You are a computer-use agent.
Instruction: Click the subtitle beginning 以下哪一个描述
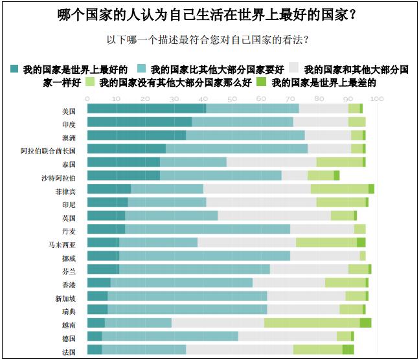(x=207, y=39)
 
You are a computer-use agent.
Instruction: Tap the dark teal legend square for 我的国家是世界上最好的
(x=15, y=68)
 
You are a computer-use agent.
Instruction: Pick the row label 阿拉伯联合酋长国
(x=49, y=149)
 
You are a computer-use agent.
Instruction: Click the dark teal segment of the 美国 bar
(x=146, y=108)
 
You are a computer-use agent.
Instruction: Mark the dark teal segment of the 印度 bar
(x=139, y=122)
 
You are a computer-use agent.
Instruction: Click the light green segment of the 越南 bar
(x=311, y=323)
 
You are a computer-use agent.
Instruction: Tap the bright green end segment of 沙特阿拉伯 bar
(x=337, y=175)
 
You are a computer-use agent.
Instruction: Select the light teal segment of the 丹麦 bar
(x=207, y=229)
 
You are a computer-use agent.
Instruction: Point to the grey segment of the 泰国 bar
(x=271, y=162)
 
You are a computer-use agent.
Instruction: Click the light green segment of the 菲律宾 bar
(x=339, y=189)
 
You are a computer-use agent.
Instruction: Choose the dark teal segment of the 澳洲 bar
(x=136, y=135)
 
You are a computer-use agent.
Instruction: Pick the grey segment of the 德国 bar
(x=287, y=337)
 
